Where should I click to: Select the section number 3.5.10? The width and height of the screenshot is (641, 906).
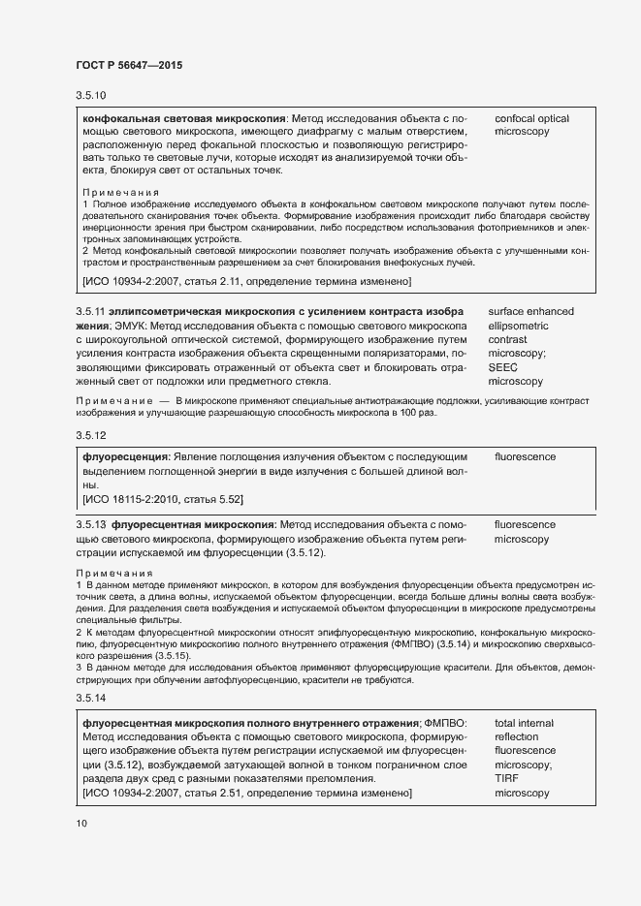(90, 96)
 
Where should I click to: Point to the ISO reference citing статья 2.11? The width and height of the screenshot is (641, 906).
(247, 281)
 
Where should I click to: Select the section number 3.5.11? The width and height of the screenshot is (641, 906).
(90, 312)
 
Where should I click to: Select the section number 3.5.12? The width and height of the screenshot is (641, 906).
(90, 434)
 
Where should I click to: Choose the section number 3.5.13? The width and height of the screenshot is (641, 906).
(90, 524)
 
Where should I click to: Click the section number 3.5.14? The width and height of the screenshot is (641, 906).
(90, 699)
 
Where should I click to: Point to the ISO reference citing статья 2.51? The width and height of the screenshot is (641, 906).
(247, 794)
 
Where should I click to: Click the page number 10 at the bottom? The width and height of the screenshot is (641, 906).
(81, 824)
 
